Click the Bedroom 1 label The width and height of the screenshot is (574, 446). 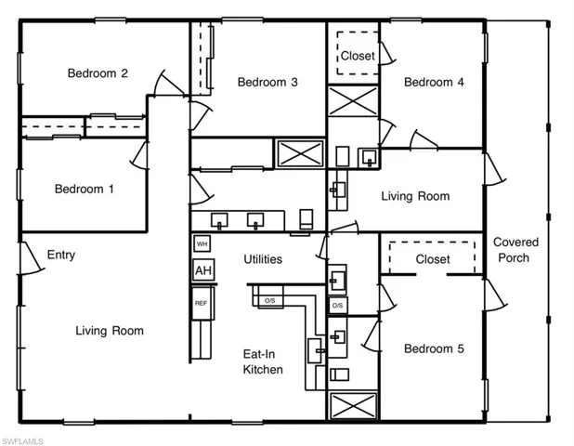click(x=85, y=190)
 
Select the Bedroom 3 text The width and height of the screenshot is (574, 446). click(x=267, y=82)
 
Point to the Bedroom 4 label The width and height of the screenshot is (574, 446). click(x=434, y=82)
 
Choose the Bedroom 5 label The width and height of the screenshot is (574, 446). click(x=434, y=348)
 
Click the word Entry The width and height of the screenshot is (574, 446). click(x=60, y=255)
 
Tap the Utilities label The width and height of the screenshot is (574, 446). click(x=263, y=259)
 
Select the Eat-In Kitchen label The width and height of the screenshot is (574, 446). click(x=263, y=361)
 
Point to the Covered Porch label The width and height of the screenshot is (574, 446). click(x=515, y=250)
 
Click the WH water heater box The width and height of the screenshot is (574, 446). click(x=202, y=244)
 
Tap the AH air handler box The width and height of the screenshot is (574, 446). click(x=202, y=270)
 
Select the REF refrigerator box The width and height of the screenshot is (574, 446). click(x=202, y=303)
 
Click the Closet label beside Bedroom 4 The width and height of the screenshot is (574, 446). click(x=358, y=56)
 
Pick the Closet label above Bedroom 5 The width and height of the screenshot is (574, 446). click(x=432, y=259)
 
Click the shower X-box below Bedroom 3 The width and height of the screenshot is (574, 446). click(x=299, y=152)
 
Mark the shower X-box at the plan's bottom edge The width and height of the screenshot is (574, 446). click(x=353, y=406)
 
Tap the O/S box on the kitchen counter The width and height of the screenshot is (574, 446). click(x=269, y=301)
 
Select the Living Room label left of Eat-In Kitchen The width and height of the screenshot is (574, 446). click(x=110, y=331)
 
